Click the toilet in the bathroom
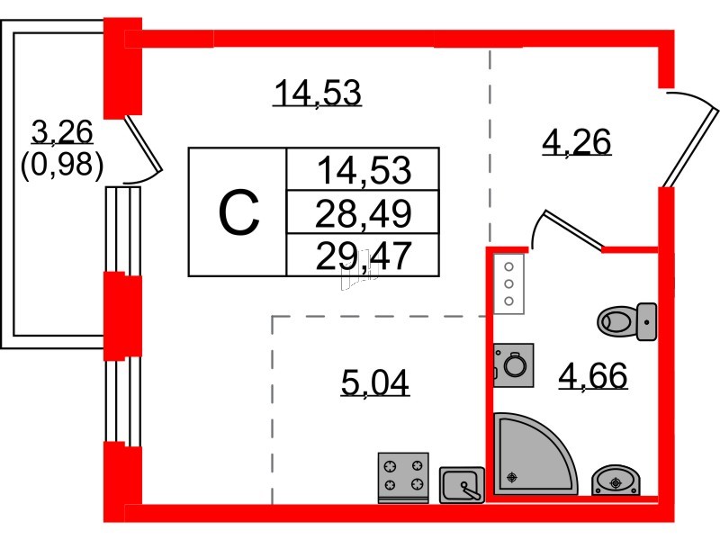click(627, 321)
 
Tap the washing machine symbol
click(513, 365)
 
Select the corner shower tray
click(533, 454)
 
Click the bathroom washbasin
click(616, 481)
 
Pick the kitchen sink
click(462, 485)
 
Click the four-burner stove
click(403, 478)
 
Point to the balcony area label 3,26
click(62, 132)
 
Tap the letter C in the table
click(238, 212)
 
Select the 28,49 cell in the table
click(363, 213)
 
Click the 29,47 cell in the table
click(363, 256)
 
